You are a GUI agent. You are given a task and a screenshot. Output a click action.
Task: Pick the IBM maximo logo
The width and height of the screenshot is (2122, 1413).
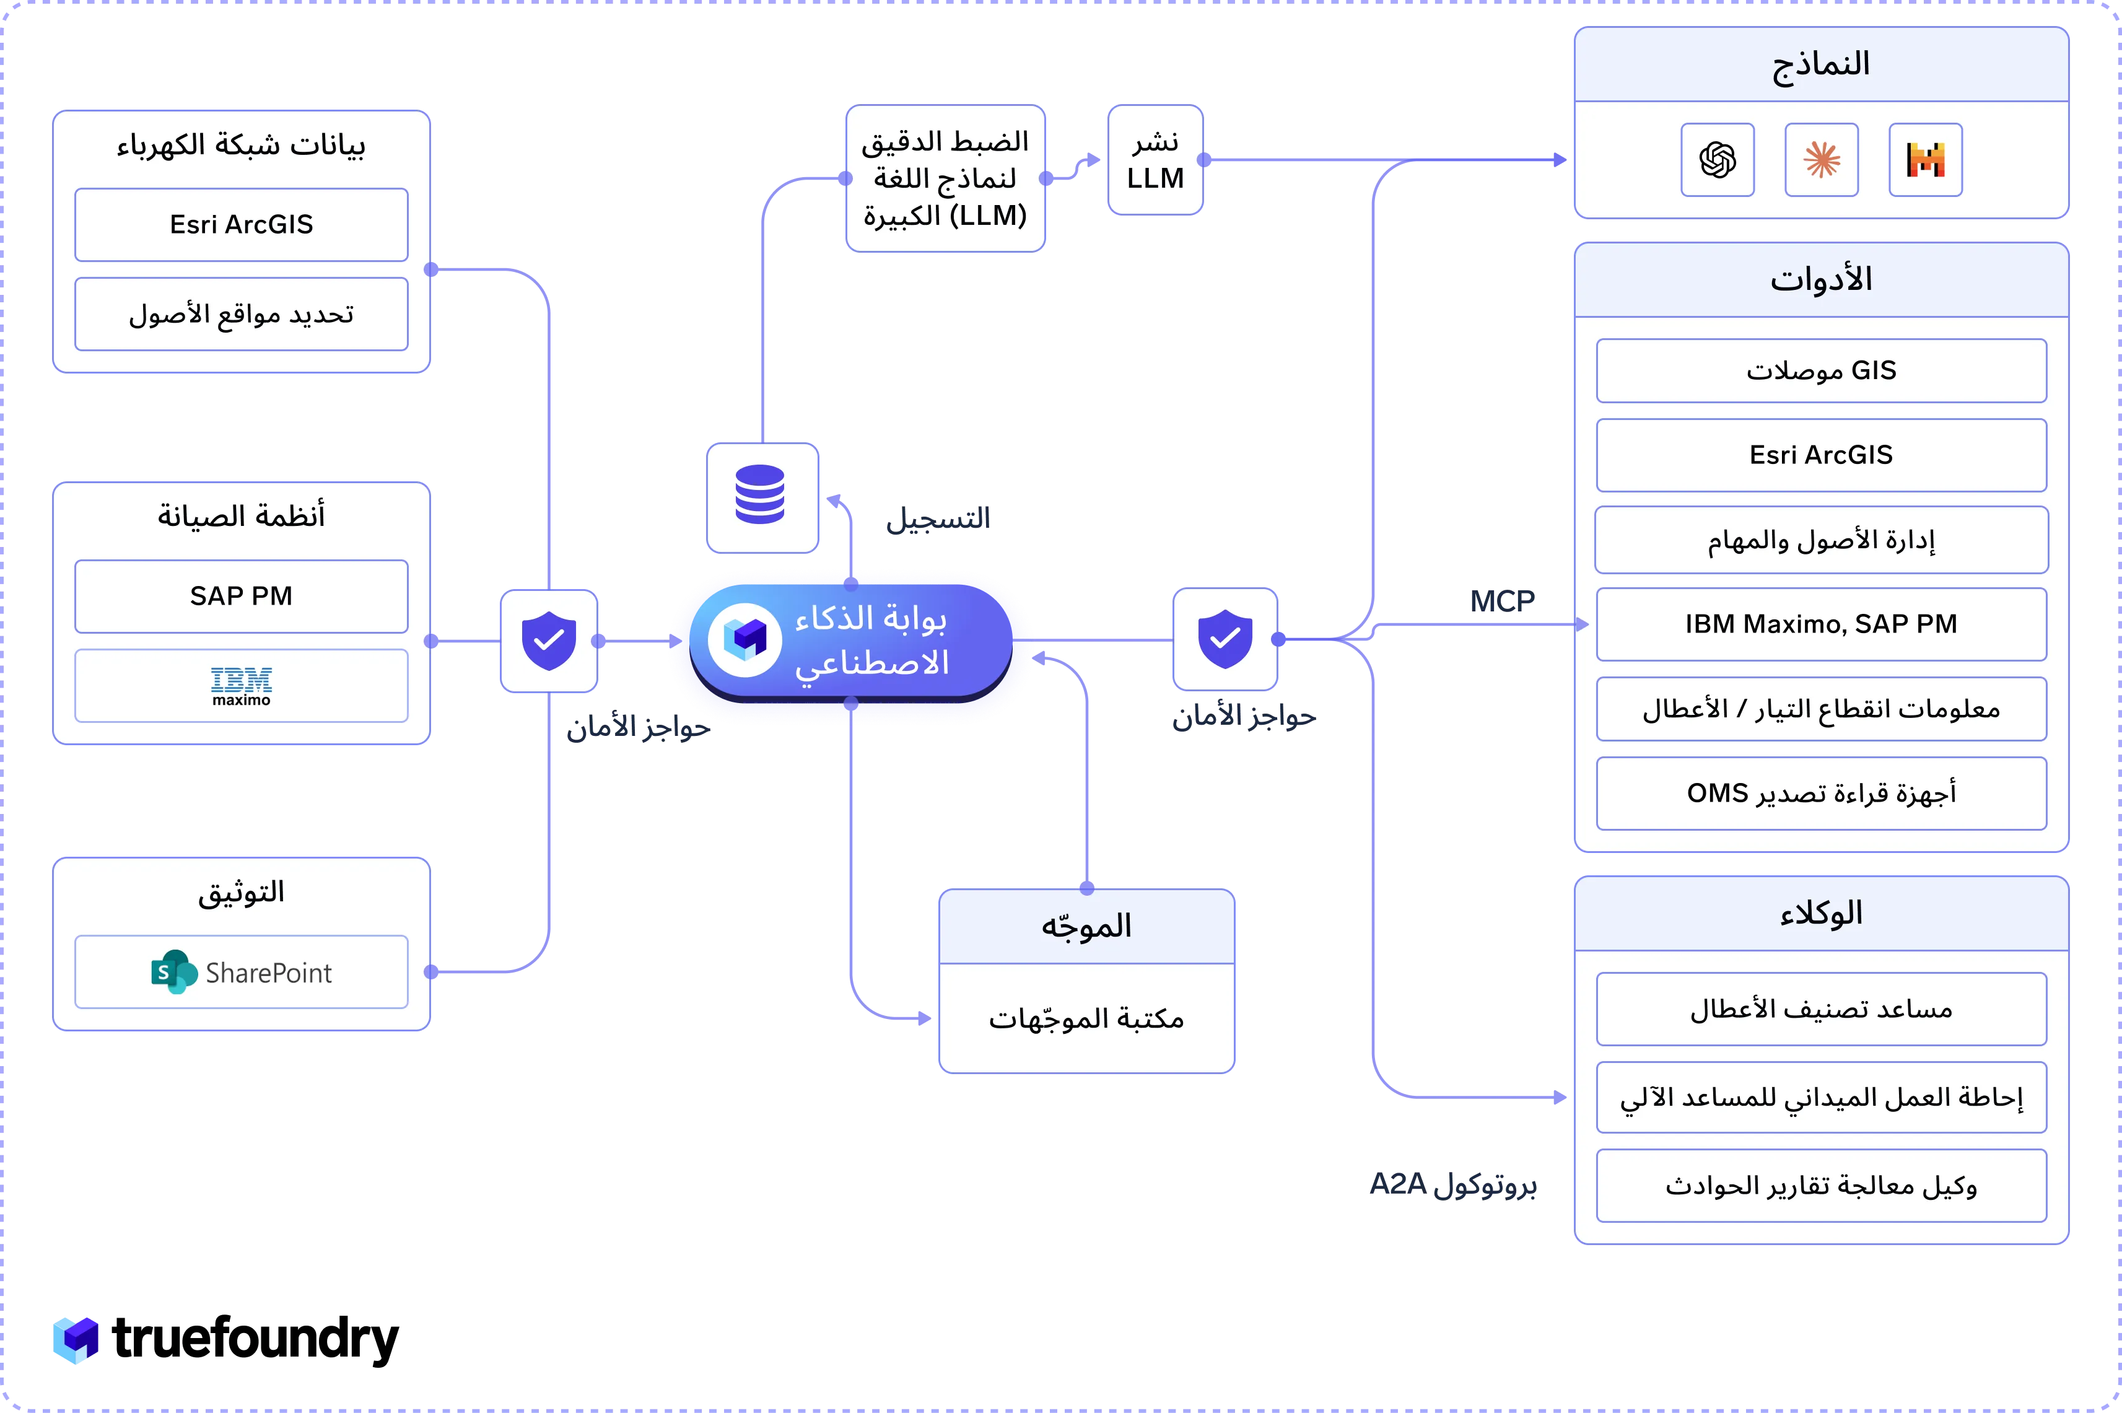[x=242, y=686]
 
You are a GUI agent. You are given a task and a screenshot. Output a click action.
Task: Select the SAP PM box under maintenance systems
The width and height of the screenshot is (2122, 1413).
[x=242, y=597]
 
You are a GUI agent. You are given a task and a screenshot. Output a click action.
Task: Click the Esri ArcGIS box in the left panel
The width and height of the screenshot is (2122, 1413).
[x=242, y=224]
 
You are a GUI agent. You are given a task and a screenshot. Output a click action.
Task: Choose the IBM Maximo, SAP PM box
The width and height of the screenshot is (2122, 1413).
[x=1821, y=624]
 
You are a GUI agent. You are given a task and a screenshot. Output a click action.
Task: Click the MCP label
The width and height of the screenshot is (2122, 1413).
[x=1502, y=601]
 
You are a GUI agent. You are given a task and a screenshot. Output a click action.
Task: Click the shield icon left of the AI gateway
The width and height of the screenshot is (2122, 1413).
[x=549, y=641]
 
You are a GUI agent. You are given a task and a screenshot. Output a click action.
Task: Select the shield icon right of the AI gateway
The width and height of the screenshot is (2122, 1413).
[x=1225, y=639]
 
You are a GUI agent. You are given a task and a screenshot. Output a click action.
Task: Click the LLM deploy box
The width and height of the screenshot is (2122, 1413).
[x=1155, y=159]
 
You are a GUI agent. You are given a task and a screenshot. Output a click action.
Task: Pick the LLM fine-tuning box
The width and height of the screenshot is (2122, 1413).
[x=945, y=178]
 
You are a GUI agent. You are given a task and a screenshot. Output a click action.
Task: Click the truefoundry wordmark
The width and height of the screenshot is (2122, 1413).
[x=255, y=1339]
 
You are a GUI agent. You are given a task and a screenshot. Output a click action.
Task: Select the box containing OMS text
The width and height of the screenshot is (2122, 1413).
[x=1821, y=793]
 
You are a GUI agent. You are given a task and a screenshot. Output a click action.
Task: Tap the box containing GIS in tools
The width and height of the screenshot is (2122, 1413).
[x=1821, y=370]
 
